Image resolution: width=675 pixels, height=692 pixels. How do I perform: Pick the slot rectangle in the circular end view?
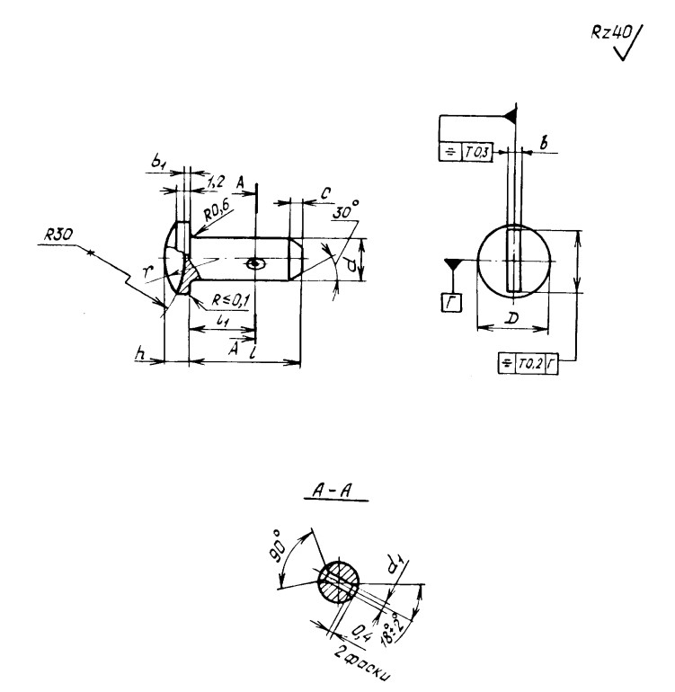513,261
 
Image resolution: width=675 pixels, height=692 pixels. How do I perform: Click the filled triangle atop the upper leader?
511,114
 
